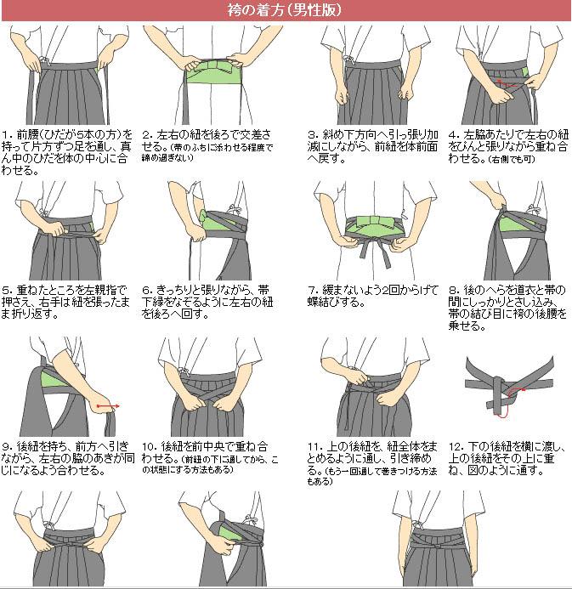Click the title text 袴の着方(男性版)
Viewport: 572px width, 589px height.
coord(286,10)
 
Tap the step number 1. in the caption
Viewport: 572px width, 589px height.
coord(8,134)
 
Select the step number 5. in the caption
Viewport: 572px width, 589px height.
coord(8,290)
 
